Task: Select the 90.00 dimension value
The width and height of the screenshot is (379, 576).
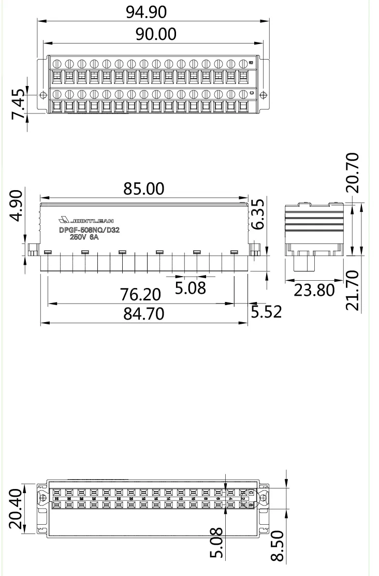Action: point(156,34)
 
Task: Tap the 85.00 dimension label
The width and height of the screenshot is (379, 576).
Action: point(144,189)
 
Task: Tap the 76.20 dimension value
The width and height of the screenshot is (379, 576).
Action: point(141,295)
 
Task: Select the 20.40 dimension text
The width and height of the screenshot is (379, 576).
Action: point(17,509)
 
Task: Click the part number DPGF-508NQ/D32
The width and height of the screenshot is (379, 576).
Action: point(89,231)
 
